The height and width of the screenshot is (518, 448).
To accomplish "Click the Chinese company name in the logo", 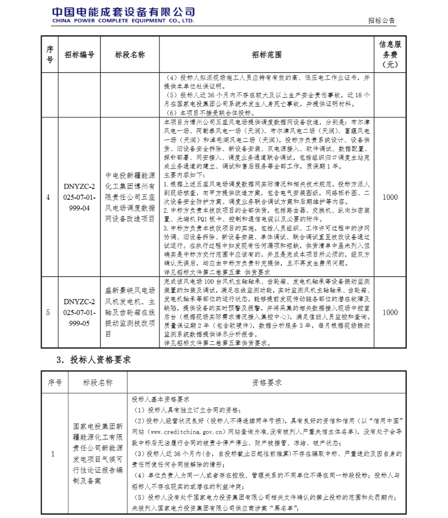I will (123, 11).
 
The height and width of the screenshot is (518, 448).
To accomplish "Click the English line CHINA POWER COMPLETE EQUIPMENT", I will (123, 21).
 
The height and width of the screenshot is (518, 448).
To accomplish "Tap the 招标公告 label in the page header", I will (381, 21).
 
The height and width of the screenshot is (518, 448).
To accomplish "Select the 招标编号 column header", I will (79, 55).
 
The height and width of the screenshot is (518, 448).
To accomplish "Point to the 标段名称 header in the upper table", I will (130, 55).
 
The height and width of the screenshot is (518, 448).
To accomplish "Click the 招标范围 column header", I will (267, 55).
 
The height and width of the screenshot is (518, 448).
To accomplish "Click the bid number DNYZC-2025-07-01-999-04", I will (80, 197).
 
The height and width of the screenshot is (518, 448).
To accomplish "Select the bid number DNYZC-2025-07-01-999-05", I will (80, 312).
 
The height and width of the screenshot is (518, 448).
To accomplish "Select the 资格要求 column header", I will (267, 382).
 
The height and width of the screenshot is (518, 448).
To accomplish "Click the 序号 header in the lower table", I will (55, 382).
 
